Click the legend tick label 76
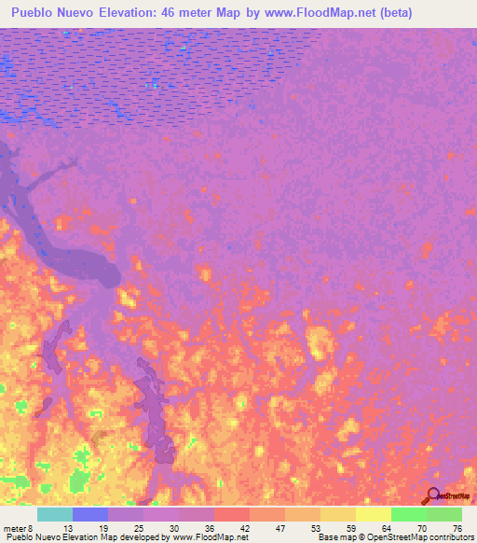456,527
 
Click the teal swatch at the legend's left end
54,514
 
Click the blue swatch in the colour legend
89,514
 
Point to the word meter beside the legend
15,527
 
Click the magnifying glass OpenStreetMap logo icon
431,495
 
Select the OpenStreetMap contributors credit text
420,537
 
